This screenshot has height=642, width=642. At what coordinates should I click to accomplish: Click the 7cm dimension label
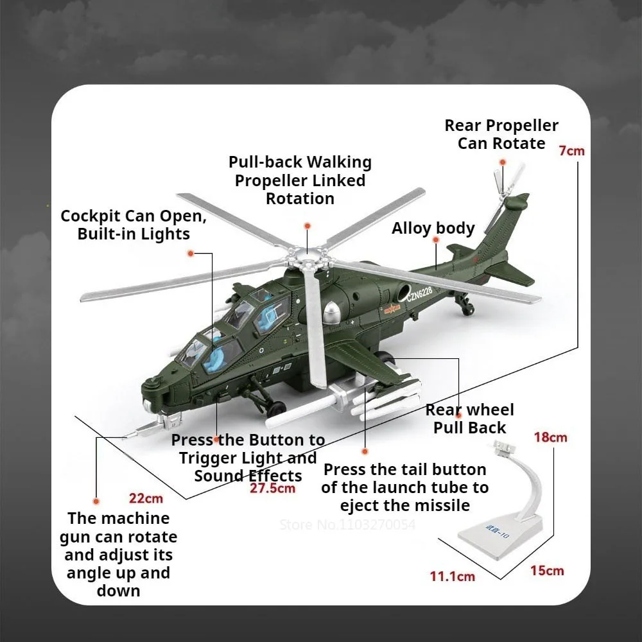[571, 151]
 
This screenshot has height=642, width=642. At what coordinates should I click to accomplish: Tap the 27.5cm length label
[273, 488]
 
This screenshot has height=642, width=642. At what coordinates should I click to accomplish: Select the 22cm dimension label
[146, 498]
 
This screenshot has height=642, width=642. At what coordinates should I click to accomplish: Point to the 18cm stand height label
[550, 437]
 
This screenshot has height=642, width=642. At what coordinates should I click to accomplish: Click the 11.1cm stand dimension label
[453, 576]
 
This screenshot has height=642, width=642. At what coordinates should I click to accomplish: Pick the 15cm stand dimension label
[547, 570]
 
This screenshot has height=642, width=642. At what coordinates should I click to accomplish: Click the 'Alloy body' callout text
[433, 229]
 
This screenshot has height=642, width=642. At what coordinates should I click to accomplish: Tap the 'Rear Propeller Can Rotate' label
[501, 134]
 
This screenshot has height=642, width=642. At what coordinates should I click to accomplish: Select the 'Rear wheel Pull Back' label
[470, 419]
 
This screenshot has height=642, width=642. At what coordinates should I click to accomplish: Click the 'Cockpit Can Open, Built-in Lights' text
[134, 225]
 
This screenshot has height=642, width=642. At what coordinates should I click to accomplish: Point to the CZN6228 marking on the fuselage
[419, 295]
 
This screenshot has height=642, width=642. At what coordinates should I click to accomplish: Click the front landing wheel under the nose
[277, 407]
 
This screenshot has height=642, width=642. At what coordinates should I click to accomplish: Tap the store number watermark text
[347, 525]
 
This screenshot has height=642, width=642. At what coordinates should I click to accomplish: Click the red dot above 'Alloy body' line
[436, 240]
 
